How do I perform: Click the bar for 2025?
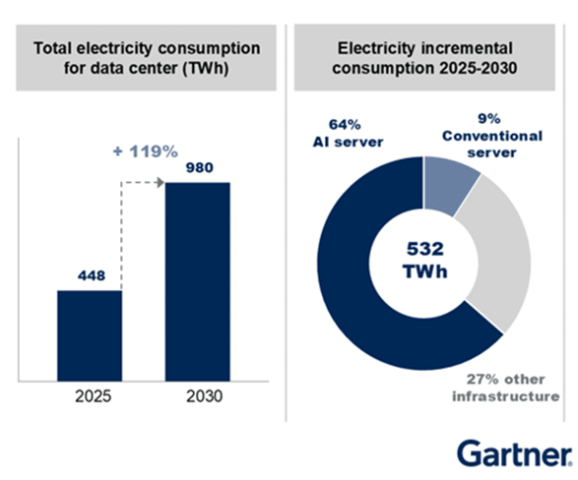(90, 334)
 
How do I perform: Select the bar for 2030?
(197, 280)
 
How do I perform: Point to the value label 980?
(197, 167)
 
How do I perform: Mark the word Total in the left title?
(55, 47)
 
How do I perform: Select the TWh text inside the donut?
(424, 270)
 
